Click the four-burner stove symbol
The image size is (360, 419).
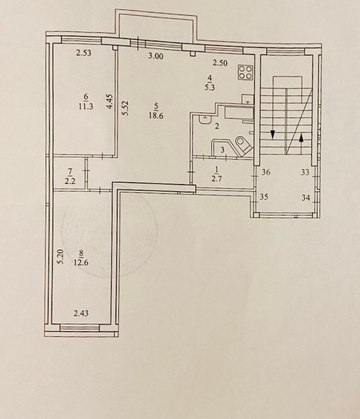[x=245, y=73]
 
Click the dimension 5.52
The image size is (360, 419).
[x=125, y=108]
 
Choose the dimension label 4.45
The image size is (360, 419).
[x=109, y=101]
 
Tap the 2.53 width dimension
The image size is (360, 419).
[x=84, y=53]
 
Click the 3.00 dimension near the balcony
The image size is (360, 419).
[x=156, y=56]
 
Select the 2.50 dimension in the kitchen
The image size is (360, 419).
[x=220, y=63]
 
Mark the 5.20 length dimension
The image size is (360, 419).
[x=60, y=257]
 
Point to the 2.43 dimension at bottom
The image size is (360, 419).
[x=81, y=313]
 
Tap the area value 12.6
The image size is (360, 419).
[x=81, y=263]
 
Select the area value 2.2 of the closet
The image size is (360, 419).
[x=70, y=181]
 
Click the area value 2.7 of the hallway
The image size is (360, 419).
[x=216, y=179]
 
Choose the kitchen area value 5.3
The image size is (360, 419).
[x=210, y=87]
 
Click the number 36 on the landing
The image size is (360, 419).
[x=266, y=173]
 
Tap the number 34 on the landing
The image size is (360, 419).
[x=306, y=198]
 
